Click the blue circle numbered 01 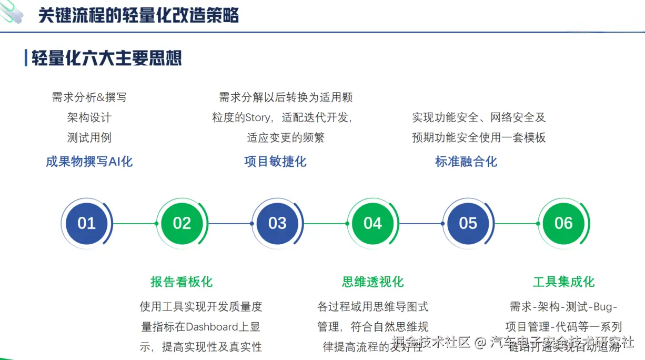pos(86,223)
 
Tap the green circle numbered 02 pos(182,223)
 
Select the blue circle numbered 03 pos(277,223)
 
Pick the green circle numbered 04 pos(372,223)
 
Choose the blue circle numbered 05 pos(468,223)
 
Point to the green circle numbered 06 pos(563,223)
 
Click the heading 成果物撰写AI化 pos(89,162)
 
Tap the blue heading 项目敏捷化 pos(275,162)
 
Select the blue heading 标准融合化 pos(466,162)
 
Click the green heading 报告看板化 pos(182,282)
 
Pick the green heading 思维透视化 pos(372,282)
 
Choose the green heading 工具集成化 pos(563,282)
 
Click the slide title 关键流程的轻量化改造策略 pos(139,16)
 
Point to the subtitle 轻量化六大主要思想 pos(107,58)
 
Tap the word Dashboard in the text pos(212,327)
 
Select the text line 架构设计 pos(89,117)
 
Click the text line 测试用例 pos(89,138)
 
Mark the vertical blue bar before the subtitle pos(26,58)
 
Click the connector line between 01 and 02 pos(134,224)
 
